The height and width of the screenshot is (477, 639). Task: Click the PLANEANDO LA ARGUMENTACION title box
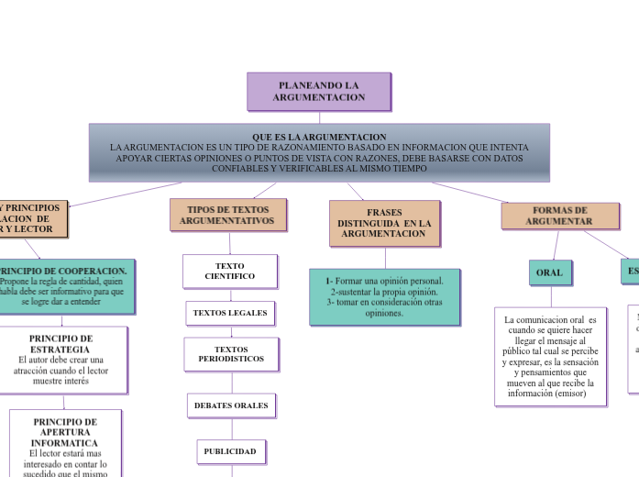point(319,91)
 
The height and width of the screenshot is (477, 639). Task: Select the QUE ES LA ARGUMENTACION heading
point(319,137)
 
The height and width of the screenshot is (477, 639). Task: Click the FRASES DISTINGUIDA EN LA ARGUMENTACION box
point(384,224)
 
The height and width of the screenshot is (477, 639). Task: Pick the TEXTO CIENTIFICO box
point(230,271)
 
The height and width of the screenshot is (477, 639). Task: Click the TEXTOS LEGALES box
point(230,313)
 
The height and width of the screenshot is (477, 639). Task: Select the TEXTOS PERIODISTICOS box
point(231,354)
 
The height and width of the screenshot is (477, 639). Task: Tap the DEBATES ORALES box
point(231,405)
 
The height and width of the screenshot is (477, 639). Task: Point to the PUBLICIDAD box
point(230,451)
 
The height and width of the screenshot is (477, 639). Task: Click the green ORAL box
point(549,272)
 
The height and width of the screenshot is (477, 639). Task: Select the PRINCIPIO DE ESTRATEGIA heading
point(61,343)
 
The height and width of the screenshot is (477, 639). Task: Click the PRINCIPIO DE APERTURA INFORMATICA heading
point(64,432)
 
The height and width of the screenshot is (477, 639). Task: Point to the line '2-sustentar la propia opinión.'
point(384,291)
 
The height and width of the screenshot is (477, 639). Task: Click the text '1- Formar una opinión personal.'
point(384,281)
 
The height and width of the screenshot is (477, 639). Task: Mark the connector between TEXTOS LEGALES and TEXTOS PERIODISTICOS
point(231,331)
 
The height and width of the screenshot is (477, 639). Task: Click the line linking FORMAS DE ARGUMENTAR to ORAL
point(556,244)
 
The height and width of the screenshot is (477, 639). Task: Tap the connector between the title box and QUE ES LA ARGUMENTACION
point(319,117)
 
